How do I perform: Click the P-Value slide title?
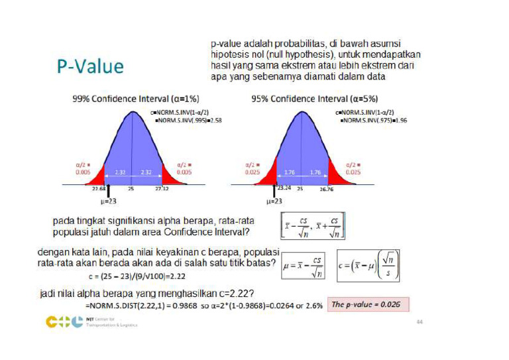click(x=90, y=66)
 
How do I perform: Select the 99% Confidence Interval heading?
click(x=133, y=99)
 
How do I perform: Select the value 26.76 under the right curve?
click(x=325, y=189)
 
